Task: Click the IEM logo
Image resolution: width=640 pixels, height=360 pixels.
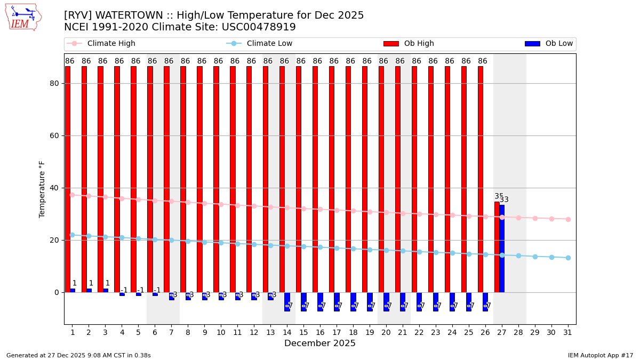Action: (23, 17)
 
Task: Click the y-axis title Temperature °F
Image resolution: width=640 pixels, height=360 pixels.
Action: (42, 189)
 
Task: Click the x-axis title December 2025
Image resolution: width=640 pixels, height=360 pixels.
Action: (319, 343)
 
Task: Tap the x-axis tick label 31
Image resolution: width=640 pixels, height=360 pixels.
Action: (567, 332)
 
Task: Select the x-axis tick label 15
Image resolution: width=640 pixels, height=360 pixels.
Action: (303, 332)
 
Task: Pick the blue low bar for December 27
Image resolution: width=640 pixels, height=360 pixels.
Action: (502, 249)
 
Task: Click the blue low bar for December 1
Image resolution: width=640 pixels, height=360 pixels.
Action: (73, 291)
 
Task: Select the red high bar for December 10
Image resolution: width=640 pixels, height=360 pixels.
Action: (216, 179)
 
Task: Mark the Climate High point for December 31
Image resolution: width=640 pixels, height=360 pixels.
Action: (568, 219)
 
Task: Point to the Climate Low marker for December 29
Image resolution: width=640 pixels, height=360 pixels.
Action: (535, 257)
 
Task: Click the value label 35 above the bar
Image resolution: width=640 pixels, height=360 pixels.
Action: (499, 196)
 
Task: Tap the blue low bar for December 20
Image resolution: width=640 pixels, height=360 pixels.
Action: (386, 301)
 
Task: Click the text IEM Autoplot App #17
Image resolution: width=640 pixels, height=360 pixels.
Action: (601, 355)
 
